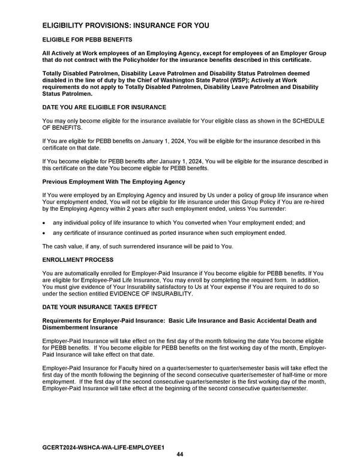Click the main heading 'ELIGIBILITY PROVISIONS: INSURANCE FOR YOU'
coord(125,26)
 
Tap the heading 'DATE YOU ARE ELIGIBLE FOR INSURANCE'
coord(104,107)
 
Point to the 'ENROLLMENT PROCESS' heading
coord(76,260)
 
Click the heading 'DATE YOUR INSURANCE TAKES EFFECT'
coord(100,307)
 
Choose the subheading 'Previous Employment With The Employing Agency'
coord(113,181)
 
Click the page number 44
coord(180,455)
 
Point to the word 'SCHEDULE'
coord(307,121)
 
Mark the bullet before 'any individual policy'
coord(44,223)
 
